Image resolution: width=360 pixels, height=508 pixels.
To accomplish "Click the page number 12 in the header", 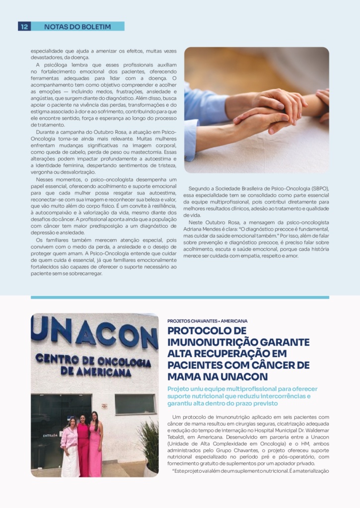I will tap(24, 27).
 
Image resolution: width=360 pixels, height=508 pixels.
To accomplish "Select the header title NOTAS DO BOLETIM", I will tap(77, 27).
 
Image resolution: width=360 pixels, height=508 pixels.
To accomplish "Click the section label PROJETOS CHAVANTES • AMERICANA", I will tap(208, 321).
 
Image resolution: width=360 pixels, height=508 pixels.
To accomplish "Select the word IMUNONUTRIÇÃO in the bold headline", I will tap(214, 342).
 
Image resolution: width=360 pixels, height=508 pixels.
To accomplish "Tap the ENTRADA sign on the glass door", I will tap(51, 436).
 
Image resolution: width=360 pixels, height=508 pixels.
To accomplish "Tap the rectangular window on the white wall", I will tap(135, 404).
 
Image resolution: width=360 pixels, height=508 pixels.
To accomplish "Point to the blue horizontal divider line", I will tap(180, 298).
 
